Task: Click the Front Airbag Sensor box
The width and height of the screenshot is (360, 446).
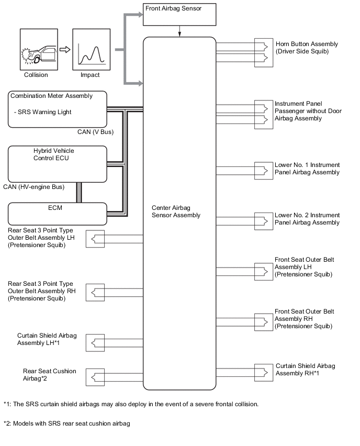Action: tap(179, 15)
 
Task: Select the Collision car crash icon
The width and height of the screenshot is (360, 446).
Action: tap(39, 50)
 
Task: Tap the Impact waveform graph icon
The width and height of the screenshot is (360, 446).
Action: tap(91, 50)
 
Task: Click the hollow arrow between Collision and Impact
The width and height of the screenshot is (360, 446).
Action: tap(65, 50)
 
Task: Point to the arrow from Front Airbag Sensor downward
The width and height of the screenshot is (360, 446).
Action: tap(179, 31)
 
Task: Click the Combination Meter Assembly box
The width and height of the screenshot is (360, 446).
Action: tap(58, 109)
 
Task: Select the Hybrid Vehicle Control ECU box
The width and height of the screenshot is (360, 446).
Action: tap(58, 164)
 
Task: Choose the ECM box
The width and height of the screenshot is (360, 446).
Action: tap(58, 214)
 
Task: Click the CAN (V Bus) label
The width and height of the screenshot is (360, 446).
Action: tap(96, 132)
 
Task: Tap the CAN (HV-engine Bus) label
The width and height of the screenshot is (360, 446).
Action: tap(34, 187)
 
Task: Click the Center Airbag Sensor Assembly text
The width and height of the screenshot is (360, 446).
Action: tap(176, 211)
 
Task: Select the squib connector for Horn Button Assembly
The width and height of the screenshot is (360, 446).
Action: tap(264, 53)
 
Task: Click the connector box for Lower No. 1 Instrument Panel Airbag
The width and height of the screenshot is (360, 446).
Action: tap(264, 171)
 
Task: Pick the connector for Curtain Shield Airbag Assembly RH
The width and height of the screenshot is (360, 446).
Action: tap(264, 373)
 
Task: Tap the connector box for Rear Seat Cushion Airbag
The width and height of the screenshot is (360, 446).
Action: tap(95, 377)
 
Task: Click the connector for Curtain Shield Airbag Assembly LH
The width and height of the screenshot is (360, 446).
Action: tap(95, 343)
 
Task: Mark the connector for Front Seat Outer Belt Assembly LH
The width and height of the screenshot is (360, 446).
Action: tap(264, 272)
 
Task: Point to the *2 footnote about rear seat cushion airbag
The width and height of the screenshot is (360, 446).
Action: tap(67, 423)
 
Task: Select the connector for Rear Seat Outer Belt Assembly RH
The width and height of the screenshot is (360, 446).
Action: tap(95, 293)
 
